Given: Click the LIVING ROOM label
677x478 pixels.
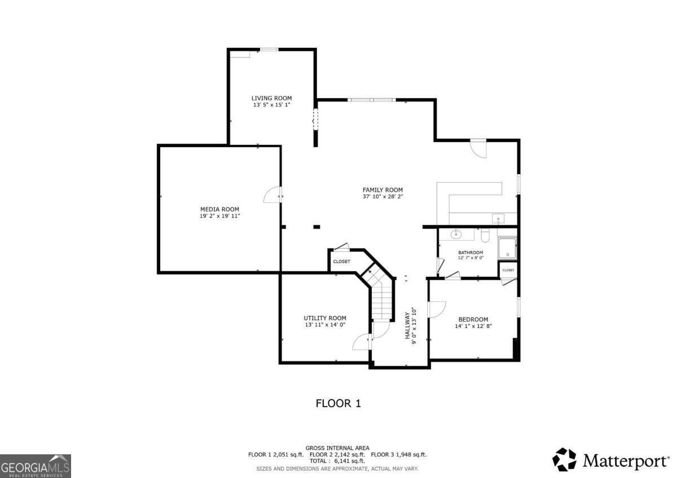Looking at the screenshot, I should point(271,98).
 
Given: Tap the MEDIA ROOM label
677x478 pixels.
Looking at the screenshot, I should point(219,209).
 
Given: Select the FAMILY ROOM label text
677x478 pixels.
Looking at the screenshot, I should point(383,190).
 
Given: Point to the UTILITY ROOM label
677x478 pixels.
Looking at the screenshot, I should point(325,318).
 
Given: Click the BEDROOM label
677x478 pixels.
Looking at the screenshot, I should point(473,319).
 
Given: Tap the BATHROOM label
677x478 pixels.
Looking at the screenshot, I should point(470,252).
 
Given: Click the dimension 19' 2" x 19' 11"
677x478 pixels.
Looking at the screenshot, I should point(219,216).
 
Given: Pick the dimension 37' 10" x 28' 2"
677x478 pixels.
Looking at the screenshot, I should point(383,197).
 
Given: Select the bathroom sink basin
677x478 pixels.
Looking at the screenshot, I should point(455,234).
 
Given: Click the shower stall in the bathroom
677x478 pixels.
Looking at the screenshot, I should point(507,248).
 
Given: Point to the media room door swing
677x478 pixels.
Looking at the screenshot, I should point(272,195).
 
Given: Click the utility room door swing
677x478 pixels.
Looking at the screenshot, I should point(361,341).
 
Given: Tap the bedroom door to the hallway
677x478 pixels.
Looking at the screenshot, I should point(436,309).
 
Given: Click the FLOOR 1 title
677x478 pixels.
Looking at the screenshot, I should point(337,403).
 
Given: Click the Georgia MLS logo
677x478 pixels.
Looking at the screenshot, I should point(36,466).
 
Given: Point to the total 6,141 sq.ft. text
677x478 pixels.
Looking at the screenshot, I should point(337,461).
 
